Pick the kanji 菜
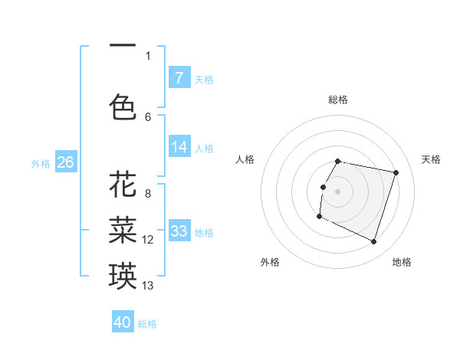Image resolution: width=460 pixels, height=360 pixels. pyautogui.click(x=123, y=228)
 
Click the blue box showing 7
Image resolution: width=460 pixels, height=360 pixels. pyautogui.click(x=179, y=78)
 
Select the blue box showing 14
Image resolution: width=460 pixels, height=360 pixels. pyautogui.click(x=179, y=147)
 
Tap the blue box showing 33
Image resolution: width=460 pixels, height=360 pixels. pyautogui.click(x=179, y=231)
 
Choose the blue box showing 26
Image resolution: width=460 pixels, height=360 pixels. pyautogui.click(x=65, y=162)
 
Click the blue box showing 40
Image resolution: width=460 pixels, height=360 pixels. pyautogui.click(x=123, y=322)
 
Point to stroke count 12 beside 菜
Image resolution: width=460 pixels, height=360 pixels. pyautogui.click(x=148, y=240)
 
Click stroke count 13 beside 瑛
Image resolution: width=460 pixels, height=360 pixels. pyautogui.click(x=148, y=286)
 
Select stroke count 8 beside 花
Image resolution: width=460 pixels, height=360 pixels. pyautogui.click(x=148, y=194)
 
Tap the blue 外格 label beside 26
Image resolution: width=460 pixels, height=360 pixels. pyautogui.click(x=41, y=163)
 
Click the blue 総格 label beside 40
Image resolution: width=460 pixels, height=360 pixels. pyautogui.click(x=147, y=324)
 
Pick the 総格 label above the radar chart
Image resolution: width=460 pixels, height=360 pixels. pyautogui.click(x=338, y=100)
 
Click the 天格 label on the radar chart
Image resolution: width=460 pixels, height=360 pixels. pyautogui.click(x=432, y=159)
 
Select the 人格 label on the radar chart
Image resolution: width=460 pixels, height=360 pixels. pyautogui.click(x=245, y=159)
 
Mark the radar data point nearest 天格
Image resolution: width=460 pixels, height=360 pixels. pyautogui.click(x=396, y=173)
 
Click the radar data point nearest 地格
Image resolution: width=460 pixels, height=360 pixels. pyautogui.click(x=373, y=242)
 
